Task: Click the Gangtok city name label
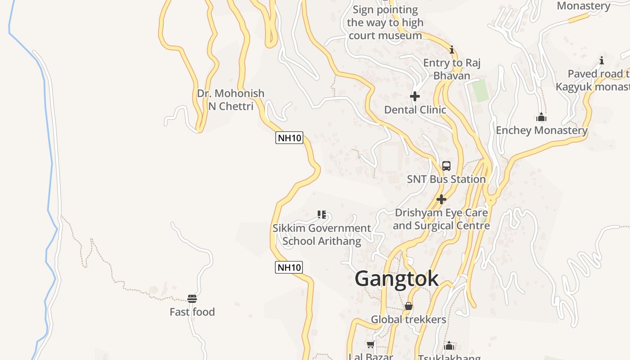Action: tap(396, 279)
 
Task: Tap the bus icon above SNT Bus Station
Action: tap(446, 166)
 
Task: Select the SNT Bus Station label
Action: tap(446, 179)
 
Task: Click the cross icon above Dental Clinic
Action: tap(415, 96)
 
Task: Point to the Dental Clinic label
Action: tap(415, 109)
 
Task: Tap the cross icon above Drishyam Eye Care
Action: tap(441, 199)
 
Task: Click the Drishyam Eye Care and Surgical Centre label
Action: tap(441, 219)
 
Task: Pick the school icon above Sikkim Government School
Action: tap(321, 215)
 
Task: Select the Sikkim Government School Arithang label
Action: tap(322, 234)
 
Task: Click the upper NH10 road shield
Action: tap(289, 138)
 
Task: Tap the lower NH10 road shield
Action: tap(288, 267)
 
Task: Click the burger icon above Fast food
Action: tap(192, 299)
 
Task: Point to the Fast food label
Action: tap(192, 312)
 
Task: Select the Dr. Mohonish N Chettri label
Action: tap(231, 99)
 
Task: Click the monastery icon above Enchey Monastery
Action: tap(541, 117)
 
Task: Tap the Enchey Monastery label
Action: tap(541, 130)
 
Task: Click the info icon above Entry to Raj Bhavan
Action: tap(452, 49)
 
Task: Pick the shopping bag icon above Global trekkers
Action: tap(409, 306)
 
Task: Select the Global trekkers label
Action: tap(409, 319)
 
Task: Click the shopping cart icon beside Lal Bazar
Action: tap(371, 345)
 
